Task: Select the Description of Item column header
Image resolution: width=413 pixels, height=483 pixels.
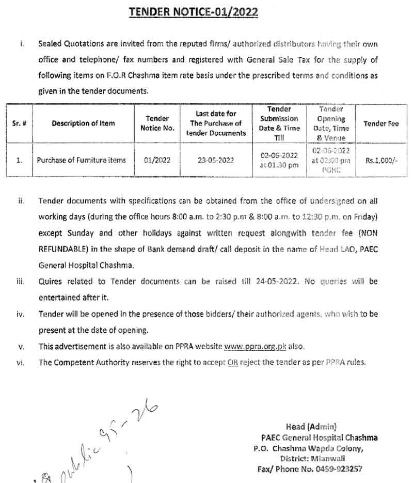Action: (x=83, y=123)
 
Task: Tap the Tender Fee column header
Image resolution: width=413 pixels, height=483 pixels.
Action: (x=381, y=123)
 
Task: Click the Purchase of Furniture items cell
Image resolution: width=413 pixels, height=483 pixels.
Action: (x=81, y=160)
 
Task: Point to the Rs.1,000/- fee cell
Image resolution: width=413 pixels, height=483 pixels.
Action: (x=382, y=160)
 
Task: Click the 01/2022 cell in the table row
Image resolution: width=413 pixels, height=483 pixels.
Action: (x=157, y=160)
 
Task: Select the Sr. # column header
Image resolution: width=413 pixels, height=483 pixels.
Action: (x=19, y=124)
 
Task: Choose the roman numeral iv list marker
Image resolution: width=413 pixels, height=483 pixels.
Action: (x=21, y=314)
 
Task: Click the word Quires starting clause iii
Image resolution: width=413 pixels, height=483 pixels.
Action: (x=51, y=282)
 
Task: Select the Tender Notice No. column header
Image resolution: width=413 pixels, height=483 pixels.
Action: (x=157, y=123)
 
